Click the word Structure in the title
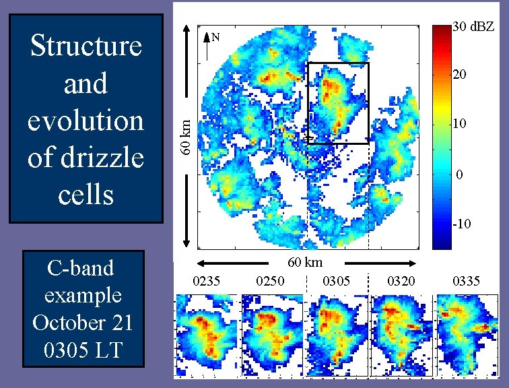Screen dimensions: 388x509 (86, 46)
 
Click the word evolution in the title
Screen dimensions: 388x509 (86, 121)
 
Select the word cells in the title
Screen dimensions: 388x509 (86, 195)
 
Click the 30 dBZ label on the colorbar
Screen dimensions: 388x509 (475, 28)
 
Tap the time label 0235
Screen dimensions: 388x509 (206, 280)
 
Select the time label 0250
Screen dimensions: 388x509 (271, 280)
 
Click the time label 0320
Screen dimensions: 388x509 (401, 280)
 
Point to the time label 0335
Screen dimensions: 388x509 (467, 280)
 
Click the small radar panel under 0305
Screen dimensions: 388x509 (337, 335)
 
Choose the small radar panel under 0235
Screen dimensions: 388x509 (206, 335)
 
